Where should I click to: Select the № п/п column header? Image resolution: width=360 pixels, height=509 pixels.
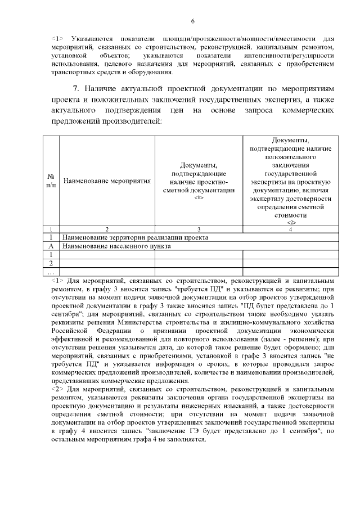pos(51,181)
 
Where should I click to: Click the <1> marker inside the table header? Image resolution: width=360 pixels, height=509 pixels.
pos(199,197)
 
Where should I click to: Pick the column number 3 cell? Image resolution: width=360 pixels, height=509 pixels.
pos(199,229)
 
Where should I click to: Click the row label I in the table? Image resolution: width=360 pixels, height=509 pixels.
pos(51,237)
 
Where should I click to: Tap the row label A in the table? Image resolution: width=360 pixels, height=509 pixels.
pos(51,246)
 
